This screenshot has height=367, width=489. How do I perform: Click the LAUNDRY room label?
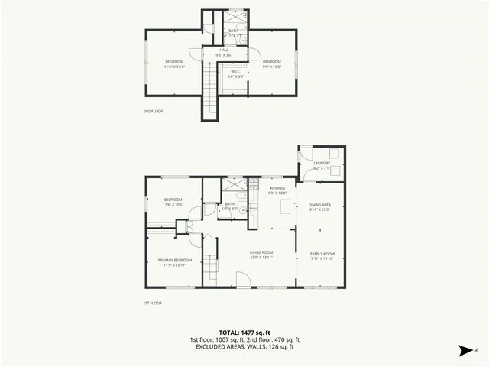coord(321,163)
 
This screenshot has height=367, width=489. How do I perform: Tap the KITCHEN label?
coord(277,188)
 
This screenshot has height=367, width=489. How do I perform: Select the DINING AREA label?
coord(319,205)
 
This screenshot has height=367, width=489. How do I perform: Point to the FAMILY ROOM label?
coord(322,254)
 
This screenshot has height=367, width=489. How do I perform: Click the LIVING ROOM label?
coord(261,252)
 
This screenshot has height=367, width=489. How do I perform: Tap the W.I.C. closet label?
coord(236,73)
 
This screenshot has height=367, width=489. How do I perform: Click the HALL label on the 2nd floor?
coord(224,50)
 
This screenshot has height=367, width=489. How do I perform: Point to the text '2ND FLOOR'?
coord(153,112)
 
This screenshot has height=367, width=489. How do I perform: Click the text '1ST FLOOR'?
coord(153,304)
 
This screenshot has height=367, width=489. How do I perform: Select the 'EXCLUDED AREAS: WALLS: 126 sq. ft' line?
coord(244,347)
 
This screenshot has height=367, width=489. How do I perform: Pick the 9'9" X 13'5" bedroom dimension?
coord(272,66)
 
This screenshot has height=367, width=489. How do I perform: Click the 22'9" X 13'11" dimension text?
coord(261,258)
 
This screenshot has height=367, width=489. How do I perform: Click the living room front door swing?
coord(241,283)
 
